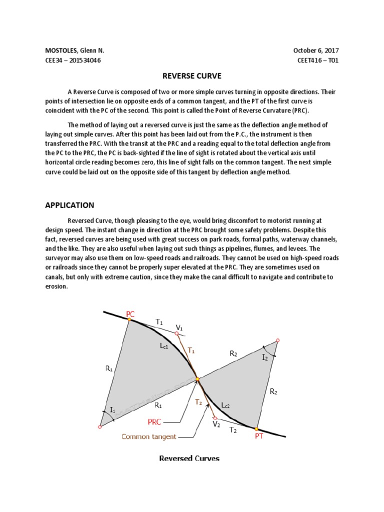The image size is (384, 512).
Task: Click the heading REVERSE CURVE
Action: (x=192, y=76)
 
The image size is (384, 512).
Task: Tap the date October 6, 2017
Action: (x=318, y=51)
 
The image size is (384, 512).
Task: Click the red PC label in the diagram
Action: (x=130, y=314)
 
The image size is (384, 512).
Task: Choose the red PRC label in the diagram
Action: (x=154, y=422)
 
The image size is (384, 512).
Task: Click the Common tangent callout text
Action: (x=149, y=436)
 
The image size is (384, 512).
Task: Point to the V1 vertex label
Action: (x=179, y=327)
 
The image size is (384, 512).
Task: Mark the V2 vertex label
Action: (x=216, y=424)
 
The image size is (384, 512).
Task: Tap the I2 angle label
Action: (x=265, y=358)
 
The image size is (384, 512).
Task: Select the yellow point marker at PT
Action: (x=256, y=428)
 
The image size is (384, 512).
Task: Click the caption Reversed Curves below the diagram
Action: (x=189, y=458)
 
